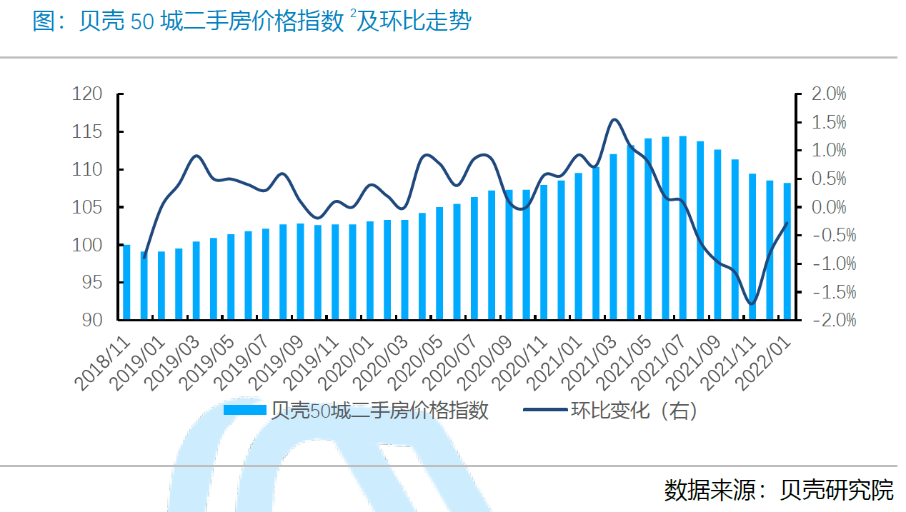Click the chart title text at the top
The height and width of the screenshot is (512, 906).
tap(252, 21)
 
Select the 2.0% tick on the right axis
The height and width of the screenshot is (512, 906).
tap(829, 94)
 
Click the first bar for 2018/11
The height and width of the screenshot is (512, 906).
tap(126, 281)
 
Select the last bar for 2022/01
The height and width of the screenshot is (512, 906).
tap(787, 251)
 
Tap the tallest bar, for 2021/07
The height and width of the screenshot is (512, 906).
tap(683, 227)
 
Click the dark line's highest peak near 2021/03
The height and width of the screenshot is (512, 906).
tap(614, 119)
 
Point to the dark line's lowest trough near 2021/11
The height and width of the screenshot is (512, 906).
tap(751, 303)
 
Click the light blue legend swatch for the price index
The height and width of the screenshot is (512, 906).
tap(244, 411)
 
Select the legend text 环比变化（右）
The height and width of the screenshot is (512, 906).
tap(633, 411)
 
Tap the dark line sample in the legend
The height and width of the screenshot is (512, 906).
tap(545, 411)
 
